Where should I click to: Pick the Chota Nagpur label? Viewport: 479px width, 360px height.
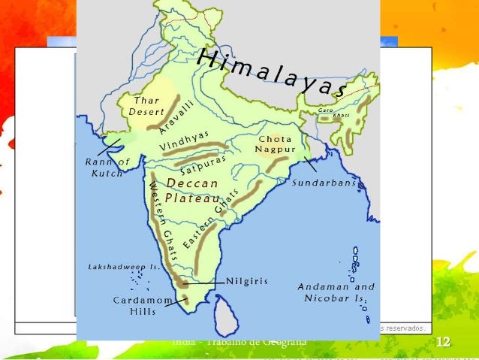pyautogui.click(x=274, y=144)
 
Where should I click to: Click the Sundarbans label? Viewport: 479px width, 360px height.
pyautogui.click(x=324, y=183)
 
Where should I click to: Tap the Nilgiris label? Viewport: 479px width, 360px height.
pyautogui.click(x=247, y=282)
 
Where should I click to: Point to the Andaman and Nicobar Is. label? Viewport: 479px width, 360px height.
pyautogui.click(x=336, y=292)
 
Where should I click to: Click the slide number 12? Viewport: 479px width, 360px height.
pyautogui.click(x=443, y=343)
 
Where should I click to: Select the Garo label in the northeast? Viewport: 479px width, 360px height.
pyautogui.click(x=325, y=110)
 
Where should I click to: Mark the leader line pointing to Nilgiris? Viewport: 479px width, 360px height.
pyautogui.click(x=205, y=283)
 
